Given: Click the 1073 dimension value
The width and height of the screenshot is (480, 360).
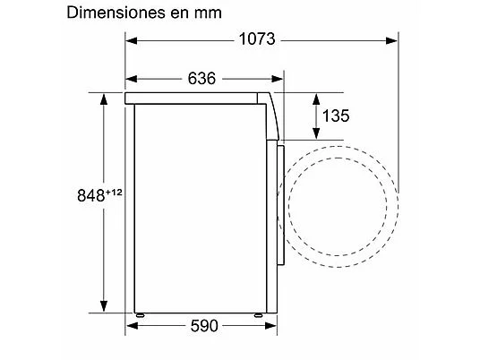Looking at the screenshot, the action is (x=257, y=39).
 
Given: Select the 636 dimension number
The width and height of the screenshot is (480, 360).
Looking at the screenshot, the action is (x=201, y=79).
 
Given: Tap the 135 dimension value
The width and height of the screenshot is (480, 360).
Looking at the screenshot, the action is (x=336, y=116).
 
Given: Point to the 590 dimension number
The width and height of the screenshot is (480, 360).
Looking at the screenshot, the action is (x=204, y=326).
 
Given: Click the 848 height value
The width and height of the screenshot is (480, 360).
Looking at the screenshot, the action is (x=91, y=195).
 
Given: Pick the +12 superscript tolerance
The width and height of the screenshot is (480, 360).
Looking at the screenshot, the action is (x=114, y=193).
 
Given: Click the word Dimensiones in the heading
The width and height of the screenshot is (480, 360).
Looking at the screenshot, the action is (x=116, y=13).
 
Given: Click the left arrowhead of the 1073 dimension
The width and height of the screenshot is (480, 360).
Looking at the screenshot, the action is (x=132, y=40).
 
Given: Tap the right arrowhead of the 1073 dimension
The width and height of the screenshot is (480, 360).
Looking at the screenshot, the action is (x=392, y=40).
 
